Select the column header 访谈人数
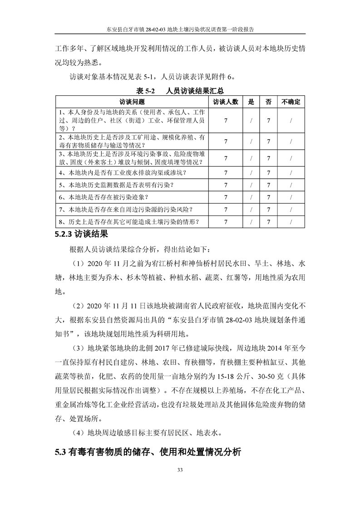(226, 102)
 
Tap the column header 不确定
(291, 102)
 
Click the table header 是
(251, 102)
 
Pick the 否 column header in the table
(268, 102)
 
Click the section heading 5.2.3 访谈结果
(81, 235)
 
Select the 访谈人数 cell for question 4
(226, 173)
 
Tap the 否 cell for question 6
(268, 197)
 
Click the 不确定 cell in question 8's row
(291, 222)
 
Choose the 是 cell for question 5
(251, 185)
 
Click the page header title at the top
(180, 28)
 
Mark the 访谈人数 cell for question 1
(226, 120)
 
